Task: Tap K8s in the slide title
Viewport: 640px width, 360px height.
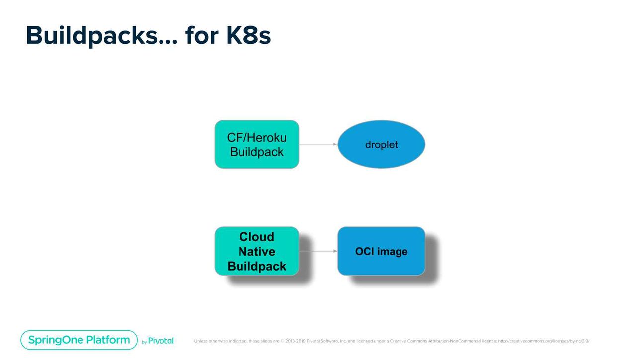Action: coord(248,35)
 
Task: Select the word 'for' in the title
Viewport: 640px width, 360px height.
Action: coord(202,35)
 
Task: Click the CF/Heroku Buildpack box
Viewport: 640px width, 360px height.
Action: coord(256,144)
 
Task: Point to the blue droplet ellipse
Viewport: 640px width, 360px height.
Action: coord(382,144)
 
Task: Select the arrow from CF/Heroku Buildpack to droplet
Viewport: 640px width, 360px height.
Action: coord(319,144)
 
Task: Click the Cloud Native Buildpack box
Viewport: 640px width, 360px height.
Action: coord(256,251)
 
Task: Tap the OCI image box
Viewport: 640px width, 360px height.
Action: coord(382,251)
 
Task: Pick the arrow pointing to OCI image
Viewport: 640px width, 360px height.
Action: coord(319,251)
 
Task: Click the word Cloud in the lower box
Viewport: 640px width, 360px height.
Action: coord(256,237)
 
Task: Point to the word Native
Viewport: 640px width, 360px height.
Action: coord(256,252)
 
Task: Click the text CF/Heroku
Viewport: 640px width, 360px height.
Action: coord(256,138)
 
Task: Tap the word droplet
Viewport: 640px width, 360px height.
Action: coord(382,144)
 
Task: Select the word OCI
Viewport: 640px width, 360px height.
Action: coord(365,252)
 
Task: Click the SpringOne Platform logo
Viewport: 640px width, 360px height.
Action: coord(79,340)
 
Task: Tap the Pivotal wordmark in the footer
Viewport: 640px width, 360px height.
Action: coord(160,341)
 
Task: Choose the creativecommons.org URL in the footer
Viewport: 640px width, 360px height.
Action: coord(544,341)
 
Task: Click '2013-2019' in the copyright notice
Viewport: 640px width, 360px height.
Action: coord(295,341)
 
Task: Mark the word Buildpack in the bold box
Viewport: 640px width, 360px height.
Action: coord(256,266)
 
